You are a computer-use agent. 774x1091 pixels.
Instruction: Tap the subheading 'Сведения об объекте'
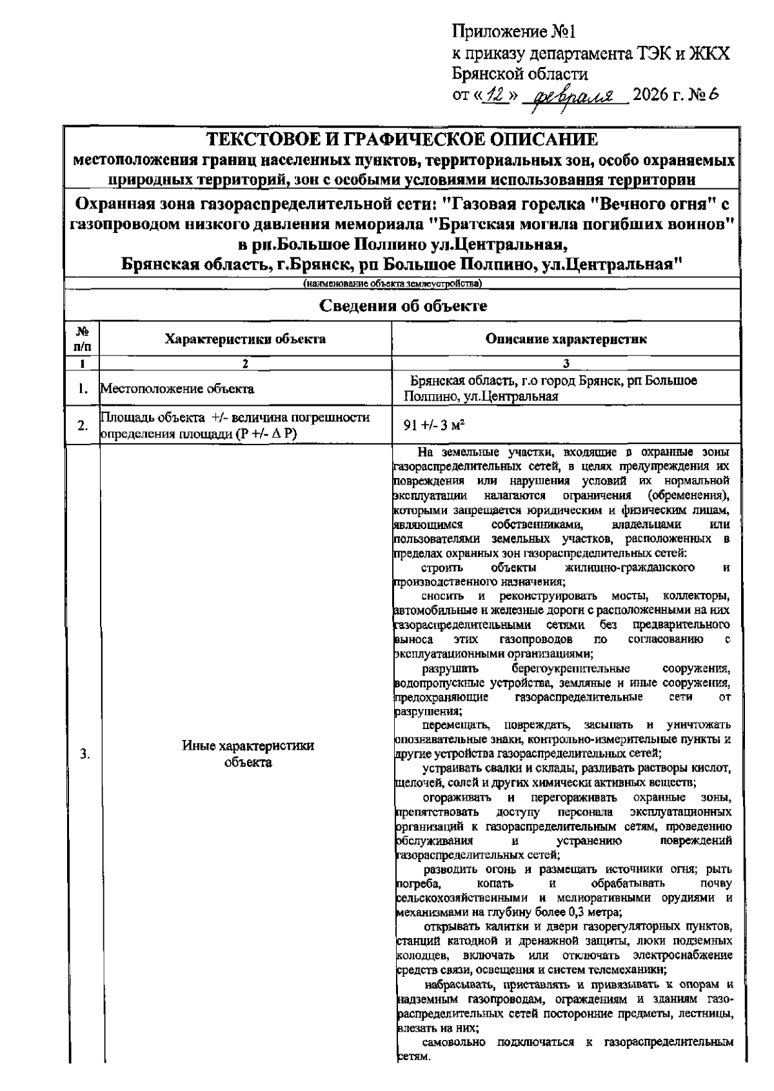coord(403,306)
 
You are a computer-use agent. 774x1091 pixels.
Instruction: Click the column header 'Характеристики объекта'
coord(245,339)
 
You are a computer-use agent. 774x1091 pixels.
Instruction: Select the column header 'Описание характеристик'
coord(566,339)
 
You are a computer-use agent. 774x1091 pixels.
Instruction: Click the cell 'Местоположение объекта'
coord(176,389)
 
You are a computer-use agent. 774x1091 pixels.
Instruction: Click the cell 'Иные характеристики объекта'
coord(248,754)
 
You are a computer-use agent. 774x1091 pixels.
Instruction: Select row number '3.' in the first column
coord(84,754)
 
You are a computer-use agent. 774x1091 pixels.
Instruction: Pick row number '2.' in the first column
coord(83,425)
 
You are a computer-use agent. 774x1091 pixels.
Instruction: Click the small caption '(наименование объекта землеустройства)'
coord(393,283)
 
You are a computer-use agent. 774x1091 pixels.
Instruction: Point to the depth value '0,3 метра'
coord(594,912)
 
